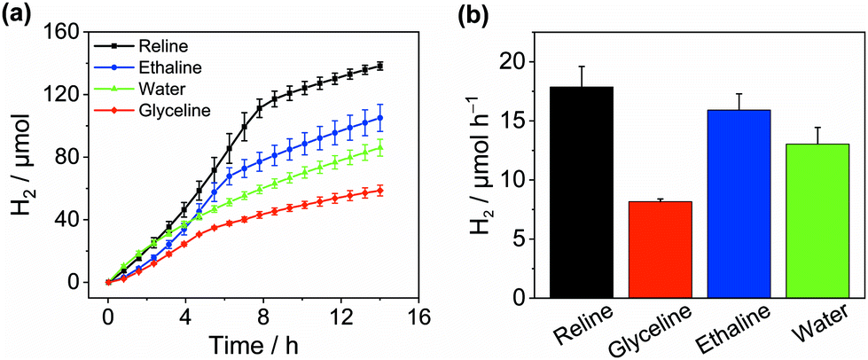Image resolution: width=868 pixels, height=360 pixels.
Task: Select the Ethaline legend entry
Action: pos(165,67)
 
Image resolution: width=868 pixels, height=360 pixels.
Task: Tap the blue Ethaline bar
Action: pos(741,203)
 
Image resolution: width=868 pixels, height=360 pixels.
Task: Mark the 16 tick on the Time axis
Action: pos(418,317)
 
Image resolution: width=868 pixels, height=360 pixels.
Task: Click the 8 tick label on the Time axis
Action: pos(263,317)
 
